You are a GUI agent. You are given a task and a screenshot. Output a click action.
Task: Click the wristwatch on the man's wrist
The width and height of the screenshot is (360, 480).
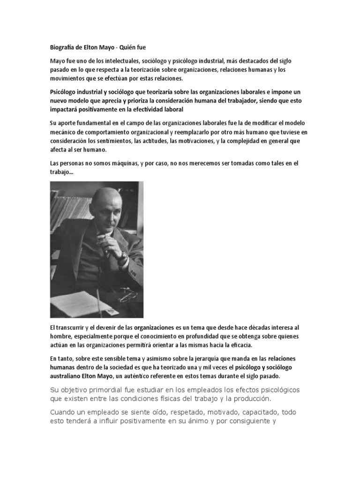[123, 256]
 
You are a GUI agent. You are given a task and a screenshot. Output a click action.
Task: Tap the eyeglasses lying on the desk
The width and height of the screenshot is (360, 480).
[127, 297]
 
